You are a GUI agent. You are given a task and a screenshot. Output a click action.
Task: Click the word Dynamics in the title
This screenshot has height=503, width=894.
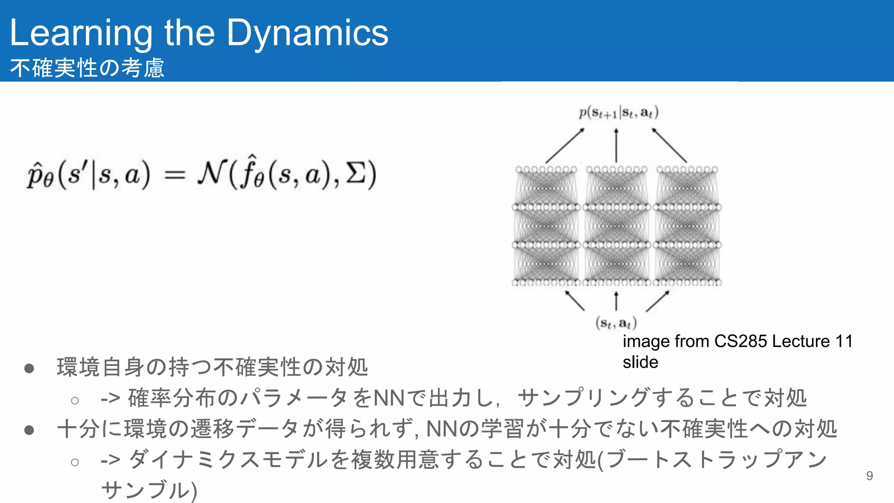tap(307, 33)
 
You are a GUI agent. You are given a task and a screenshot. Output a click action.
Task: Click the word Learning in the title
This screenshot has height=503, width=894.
tap(81, 33)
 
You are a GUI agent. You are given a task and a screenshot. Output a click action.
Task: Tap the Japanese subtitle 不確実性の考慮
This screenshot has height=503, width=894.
tap(87, 68)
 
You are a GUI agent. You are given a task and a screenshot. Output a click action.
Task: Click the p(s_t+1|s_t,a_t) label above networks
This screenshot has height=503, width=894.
tap(619, 113)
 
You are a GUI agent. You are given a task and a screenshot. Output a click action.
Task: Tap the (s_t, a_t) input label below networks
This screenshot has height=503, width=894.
tap(616, 323)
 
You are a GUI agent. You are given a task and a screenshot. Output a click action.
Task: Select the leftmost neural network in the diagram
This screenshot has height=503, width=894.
tap(546, 226)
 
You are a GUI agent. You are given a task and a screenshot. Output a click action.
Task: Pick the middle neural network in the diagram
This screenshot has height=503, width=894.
tap(616, 226)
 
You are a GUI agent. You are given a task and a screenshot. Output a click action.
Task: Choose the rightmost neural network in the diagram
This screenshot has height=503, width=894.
tap(687, 226)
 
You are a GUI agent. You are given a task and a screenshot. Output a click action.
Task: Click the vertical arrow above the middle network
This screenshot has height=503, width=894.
tap(616, 145)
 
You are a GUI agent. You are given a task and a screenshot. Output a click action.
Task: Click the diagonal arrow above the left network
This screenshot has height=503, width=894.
tap(565, 145)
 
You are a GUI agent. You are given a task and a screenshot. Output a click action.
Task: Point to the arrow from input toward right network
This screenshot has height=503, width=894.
tap(657, 301)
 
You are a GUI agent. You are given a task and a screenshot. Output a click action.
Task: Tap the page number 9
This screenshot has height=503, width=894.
tap(869, 475)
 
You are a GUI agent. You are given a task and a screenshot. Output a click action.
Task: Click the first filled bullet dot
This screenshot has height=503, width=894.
tap(29, 369)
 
